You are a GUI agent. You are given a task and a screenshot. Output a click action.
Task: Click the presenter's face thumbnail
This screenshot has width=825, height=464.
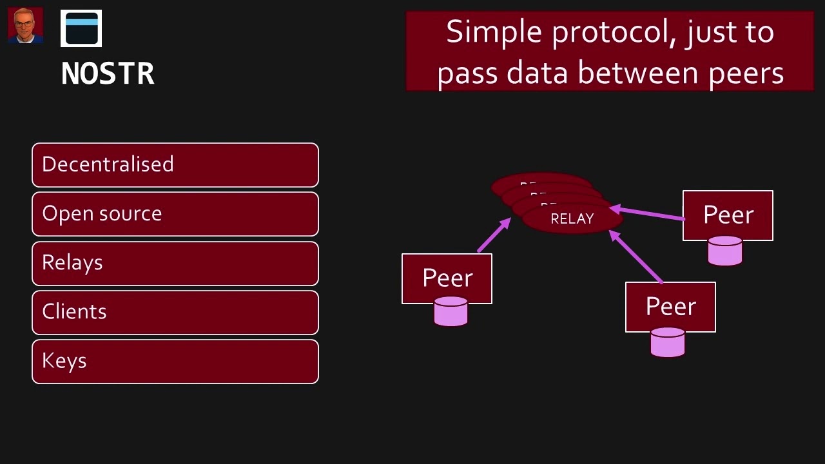25,25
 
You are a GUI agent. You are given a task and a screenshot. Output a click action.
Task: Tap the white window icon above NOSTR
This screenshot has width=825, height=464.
81,29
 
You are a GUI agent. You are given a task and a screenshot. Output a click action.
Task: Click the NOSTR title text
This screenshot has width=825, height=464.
108,74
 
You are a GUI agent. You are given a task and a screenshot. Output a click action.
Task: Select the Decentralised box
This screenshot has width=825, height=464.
175,165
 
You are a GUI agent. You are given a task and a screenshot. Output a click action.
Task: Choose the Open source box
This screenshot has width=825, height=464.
175,214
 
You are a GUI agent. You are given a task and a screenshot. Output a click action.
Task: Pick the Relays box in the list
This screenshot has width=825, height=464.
175,264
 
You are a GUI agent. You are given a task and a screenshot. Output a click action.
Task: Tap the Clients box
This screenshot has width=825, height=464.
175,313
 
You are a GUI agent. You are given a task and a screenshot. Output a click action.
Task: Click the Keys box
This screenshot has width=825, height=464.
175,362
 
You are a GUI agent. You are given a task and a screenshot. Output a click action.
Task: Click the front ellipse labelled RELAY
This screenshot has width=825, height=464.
572,219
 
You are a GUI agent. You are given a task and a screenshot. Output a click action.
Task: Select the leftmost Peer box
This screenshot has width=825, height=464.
447,278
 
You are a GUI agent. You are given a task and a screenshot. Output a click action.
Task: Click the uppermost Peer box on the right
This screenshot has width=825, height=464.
728,215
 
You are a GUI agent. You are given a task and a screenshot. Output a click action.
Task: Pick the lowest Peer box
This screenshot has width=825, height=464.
670,307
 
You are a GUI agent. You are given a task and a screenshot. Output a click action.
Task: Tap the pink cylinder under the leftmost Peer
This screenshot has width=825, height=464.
451,312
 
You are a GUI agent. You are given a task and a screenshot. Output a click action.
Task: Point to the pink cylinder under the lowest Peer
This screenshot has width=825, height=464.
668,342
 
